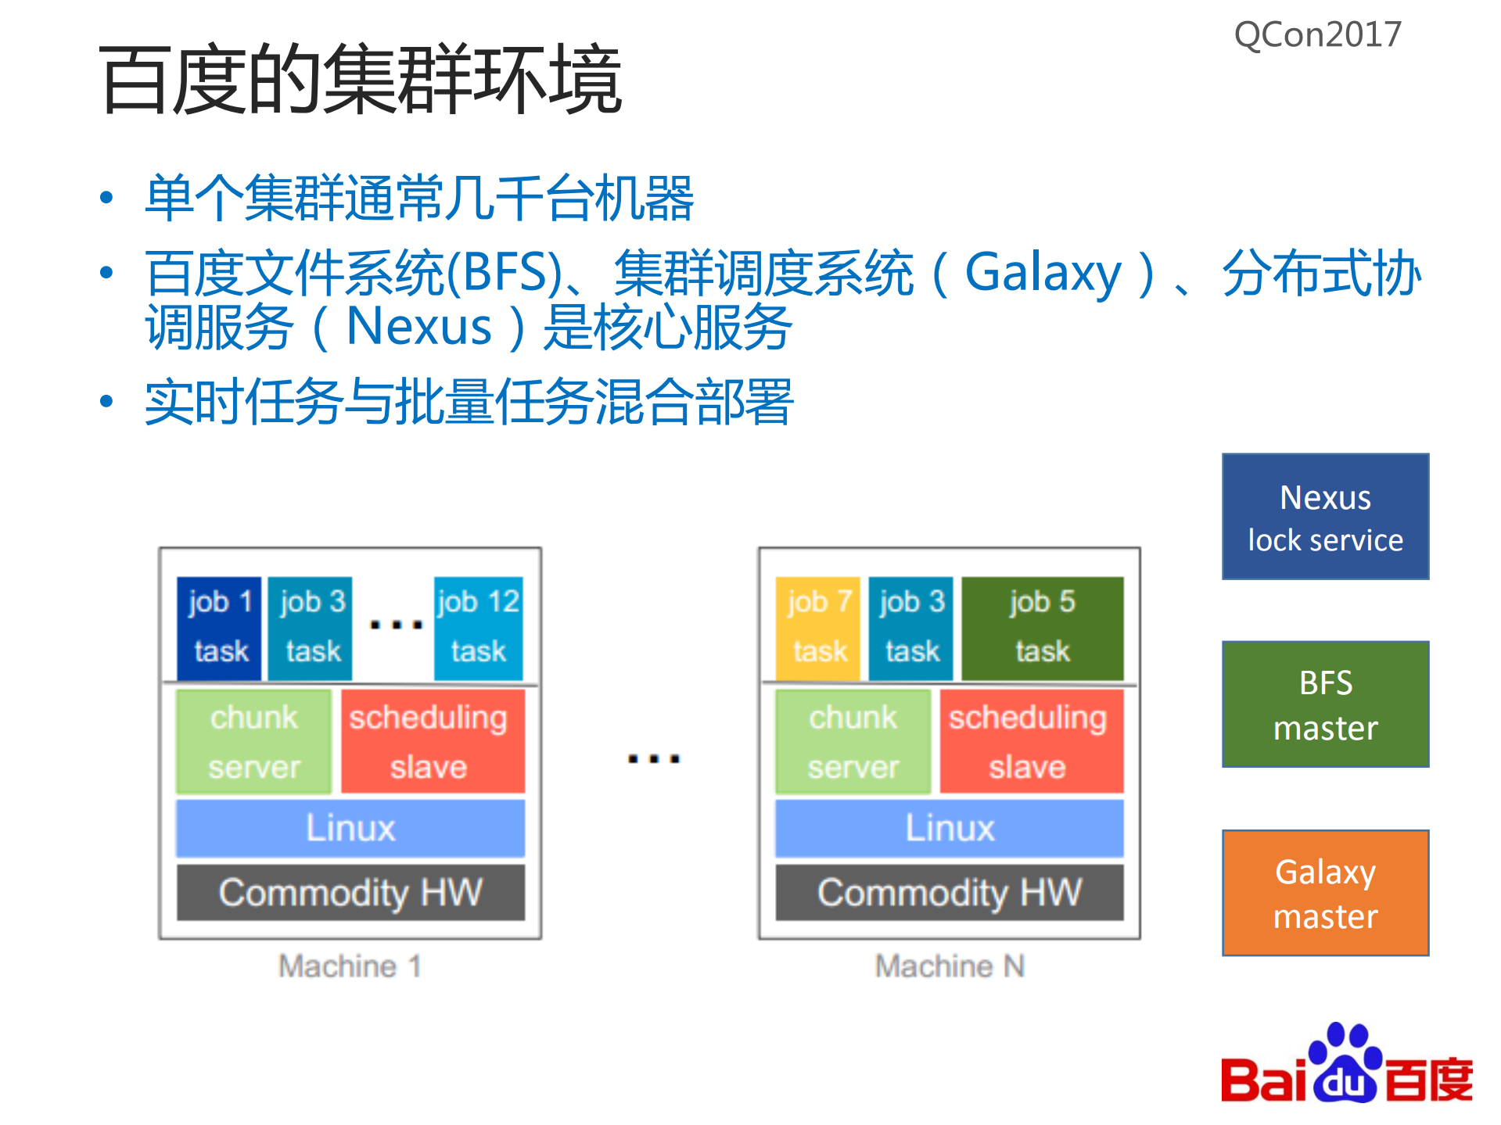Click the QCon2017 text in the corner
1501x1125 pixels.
[1317, 35]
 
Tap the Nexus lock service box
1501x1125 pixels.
[1325, 517]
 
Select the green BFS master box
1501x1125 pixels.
[1325, 704]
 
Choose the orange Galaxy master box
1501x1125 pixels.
[1325, 893]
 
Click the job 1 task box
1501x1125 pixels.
[219, 628]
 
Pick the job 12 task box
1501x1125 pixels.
[478, 628]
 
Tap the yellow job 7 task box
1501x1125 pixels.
[817, 628]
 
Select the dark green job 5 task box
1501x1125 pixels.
[1042, 628]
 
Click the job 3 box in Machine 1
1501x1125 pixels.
[311, 628]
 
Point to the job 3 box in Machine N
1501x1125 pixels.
[910, 628]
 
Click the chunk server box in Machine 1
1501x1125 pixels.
[253, 741]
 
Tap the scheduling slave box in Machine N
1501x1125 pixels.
[1030, 741]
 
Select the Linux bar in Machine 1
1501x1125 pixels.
[350, 828]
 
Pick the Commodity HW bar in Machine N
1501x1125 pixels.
[950, 892]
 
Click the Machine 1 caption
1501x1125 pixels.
[350, 966]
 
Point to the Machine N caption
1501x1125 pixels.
[950, 966]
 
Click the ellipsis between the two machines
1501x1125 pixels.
[654, 758]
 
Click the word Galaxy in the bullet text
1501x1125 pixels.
[1043, 273]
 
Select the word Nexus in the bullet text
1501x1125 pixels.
[419, 326]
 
